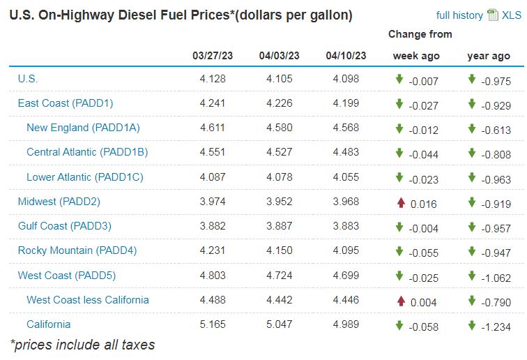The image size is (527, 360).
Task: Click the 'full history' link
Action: pos(459,15)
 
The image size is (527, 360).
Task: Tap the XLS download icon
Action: pos(493,15)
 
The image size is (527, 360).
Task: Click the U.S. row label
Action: pos(28,79)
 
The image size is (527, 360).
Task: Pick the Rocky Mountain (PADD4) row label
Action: pos(77,250)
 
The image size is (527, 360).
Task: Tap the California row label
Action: pos(48,324)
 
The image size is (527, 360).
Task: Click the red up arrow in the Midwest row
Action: pos(400,202)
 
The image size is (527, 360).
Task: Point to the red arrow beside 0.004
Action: pos(400,301)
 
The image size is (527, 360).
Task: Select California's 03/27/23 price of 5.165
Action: pos(212,324)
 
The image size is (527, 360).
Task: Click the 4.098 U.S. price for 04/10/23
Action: pos(346,79)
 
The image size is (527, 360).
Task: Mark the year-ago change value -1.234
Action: pos(496,326)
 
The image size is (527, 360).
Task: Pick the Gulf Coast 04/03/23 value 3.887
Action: pos(279,226)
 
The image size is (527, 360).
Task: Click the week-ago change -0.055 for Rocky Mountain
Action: pos(423,252)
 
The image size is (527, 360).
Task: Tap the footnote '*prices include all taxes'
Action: pos(82,345)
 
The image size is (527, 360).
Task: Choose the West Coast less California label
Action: pos(87,300)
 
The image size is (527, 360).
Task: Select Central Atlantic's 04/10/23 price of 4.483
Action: pos(346,152)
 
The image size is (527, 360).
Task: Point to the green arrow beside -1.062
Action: pos(472,276)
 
